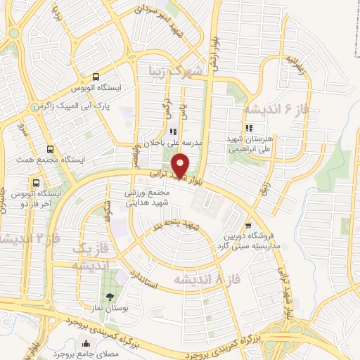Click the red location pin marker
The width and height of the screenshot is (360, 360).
click(x=181, y=165)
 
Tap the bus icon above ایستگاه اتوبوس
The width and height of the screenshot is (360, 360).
click(x=96, y=78)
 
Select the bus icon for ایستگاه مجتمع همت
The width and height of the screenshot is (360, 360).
click(x=50, y=149)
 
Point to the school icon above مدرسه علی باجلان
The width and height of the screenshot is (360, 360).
click(x=173, y=131)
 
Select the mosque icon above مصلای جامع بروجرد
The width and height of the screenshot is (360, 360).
click(x=86, y=345)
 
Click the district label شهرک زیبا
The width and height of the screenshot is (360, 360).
click(x=175, y=71)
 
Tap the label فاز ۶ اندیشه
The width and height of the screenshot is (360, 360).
click(x=277, y=110)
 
